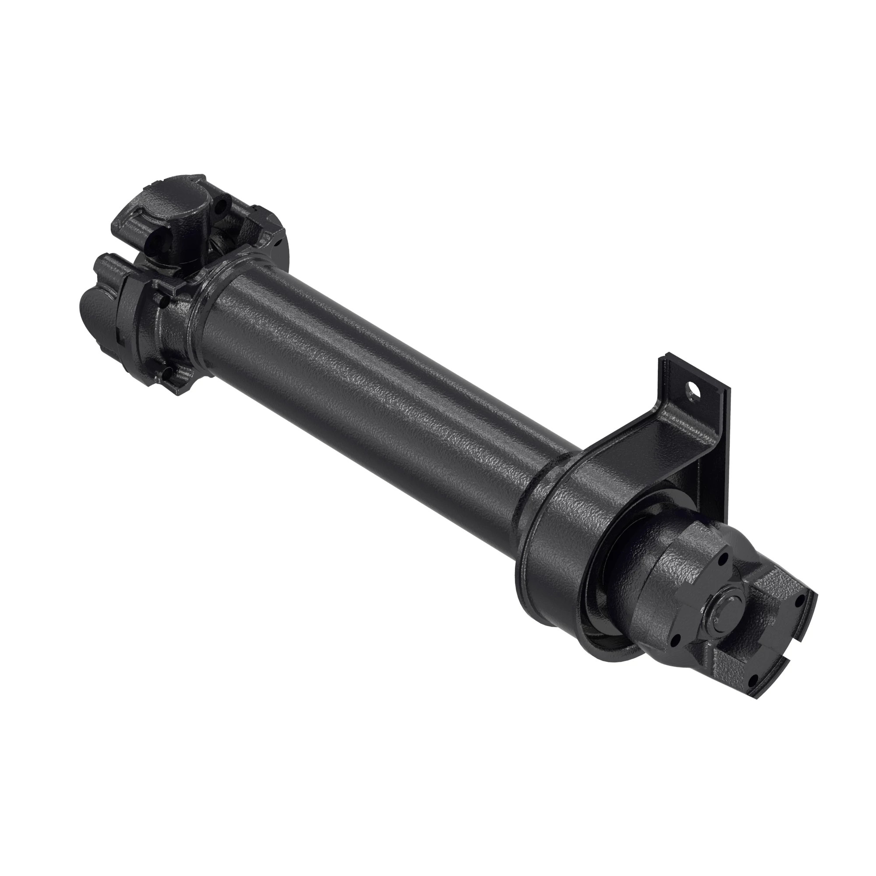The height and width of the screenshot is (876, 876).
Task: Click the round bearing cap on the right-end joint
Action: [x=727, y=612]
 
